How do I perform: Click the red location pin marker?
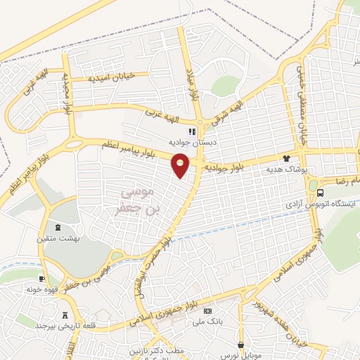point(181,165)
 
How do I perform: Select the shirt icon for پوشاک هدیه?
point(285,158)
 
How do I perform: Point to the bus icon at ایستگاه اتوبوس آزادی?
point(321,193)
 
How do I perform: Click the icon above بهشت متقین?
point(58,227)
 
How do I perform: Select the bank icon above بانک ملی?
point(207,311)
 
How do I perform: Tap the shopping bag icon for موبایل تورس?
point(242,345)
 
